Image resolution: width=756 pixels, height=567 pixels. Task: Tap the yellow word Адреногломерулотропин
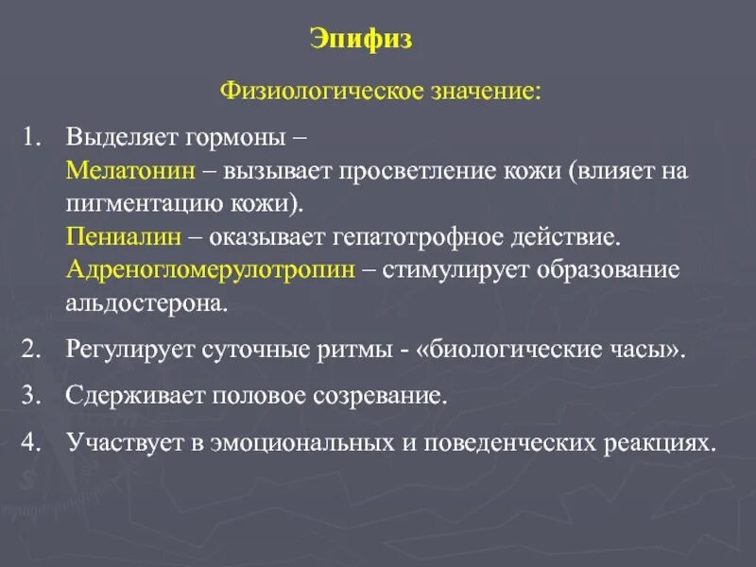click(x=211, y=268)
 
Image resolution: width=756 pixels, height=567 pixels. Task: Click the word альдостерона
click(x=146, y=303)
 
